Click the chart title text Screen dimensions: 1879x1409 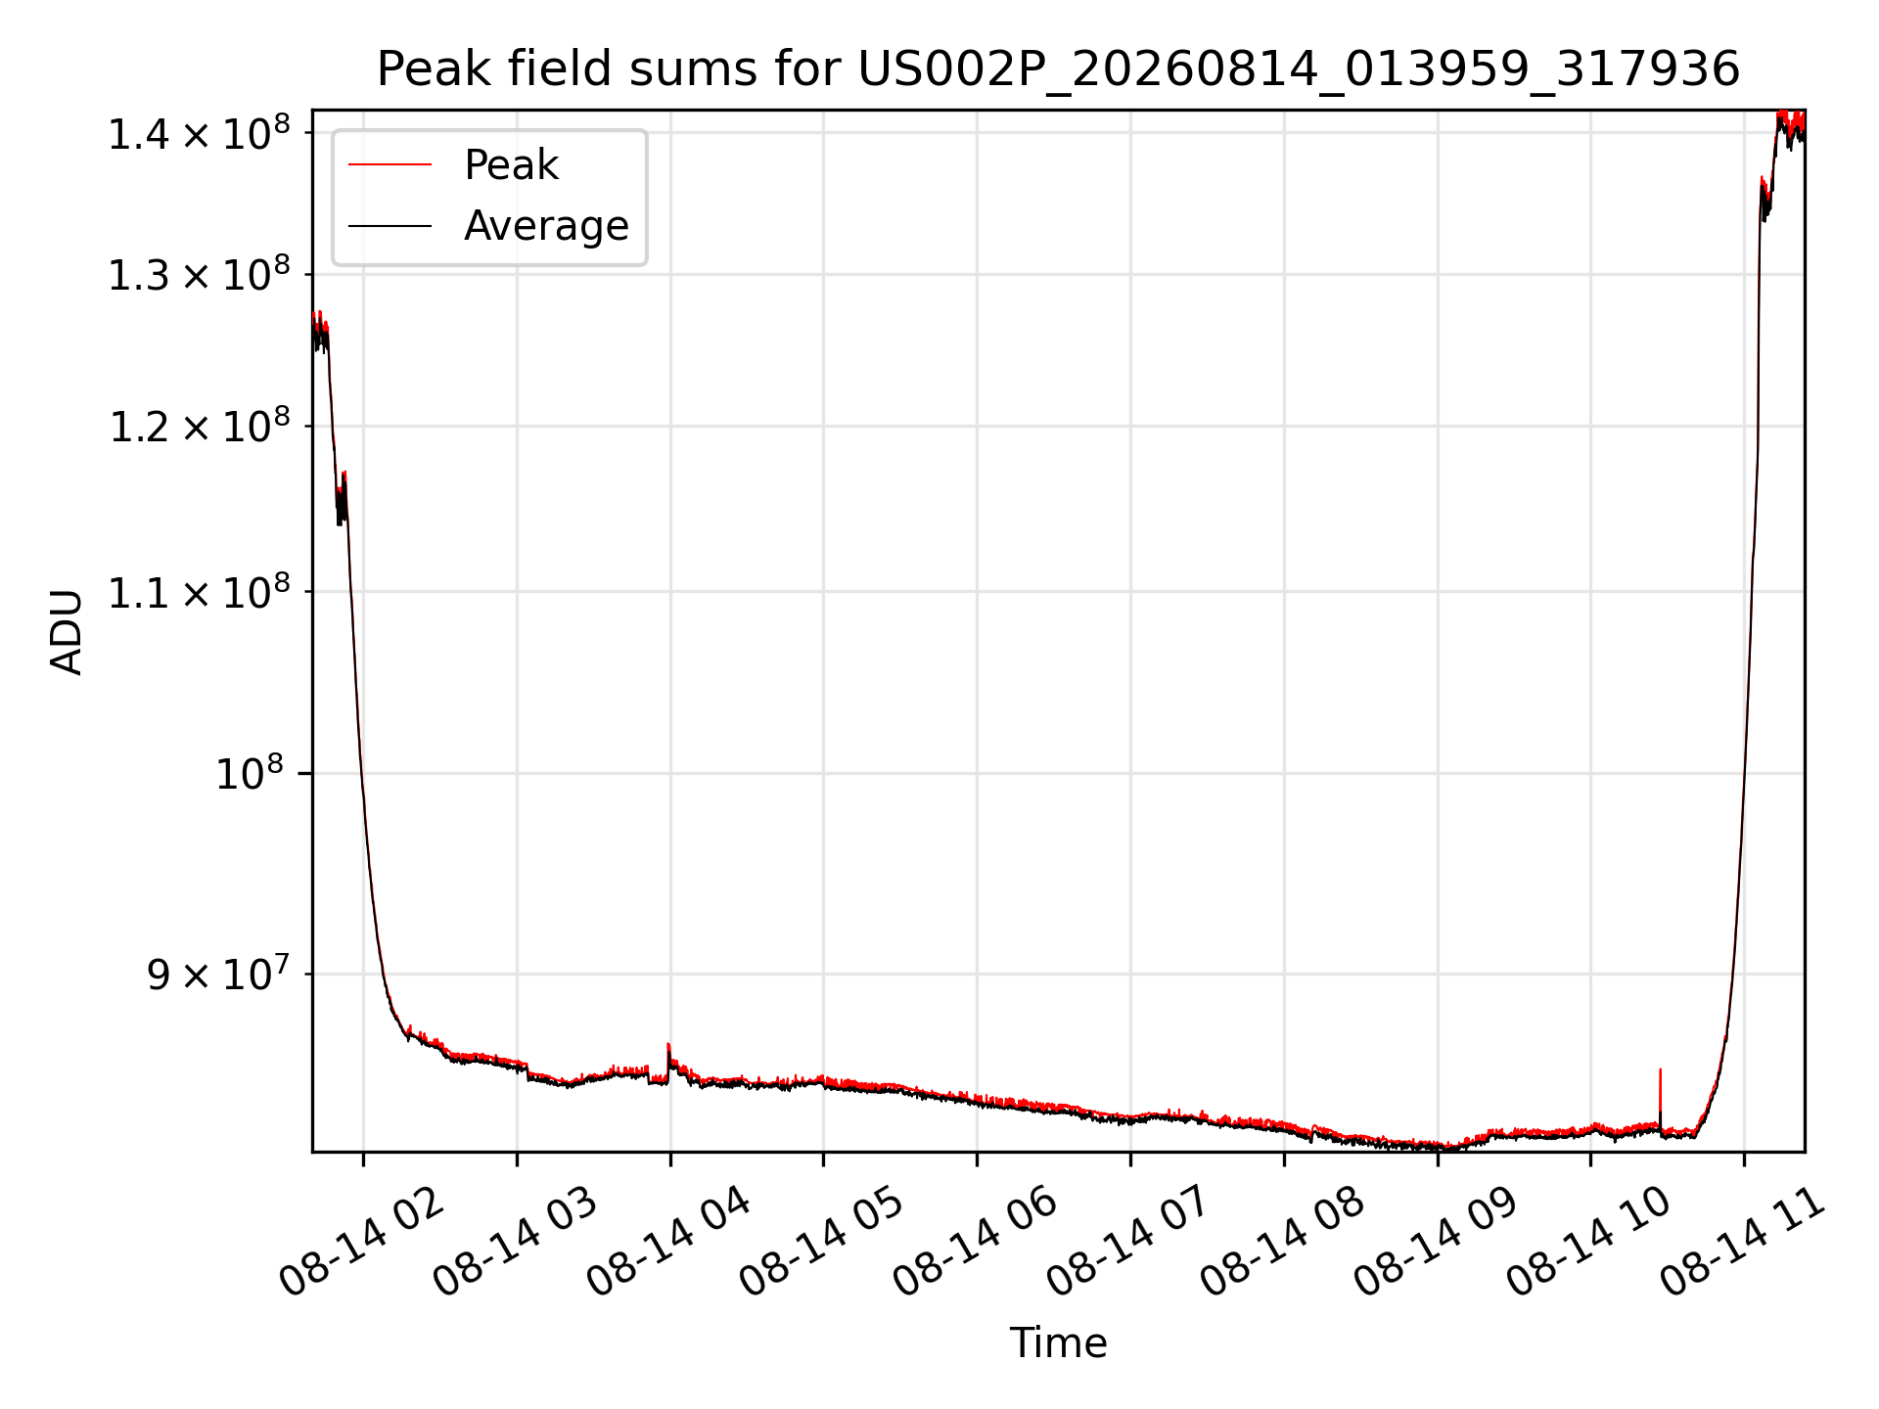(1058, 69)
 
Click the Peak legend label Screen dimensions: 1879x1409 (511, 165)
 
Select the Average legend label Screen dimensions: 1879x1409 (546, 226)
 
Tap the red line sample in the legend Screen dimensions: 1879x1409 (390, 165)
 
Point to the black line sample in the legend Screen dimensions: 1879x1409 (390, 226)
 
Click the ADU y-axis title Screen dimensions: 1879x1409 (67, 631)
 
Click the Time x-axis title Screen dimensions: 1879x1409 (1058, 1342)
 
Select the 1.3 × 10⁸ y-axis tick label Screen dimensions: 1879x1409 (201, 274)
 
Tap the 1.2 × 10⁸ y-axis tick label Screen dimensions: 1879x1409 (201, 426)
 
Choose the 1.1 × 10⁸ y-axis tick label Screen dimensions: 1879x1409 (201, 591)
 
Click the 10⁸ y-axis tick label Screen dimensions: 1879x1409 (250, 773)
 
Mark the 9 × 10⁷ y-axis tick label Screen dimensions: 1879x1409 (219, 974)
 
